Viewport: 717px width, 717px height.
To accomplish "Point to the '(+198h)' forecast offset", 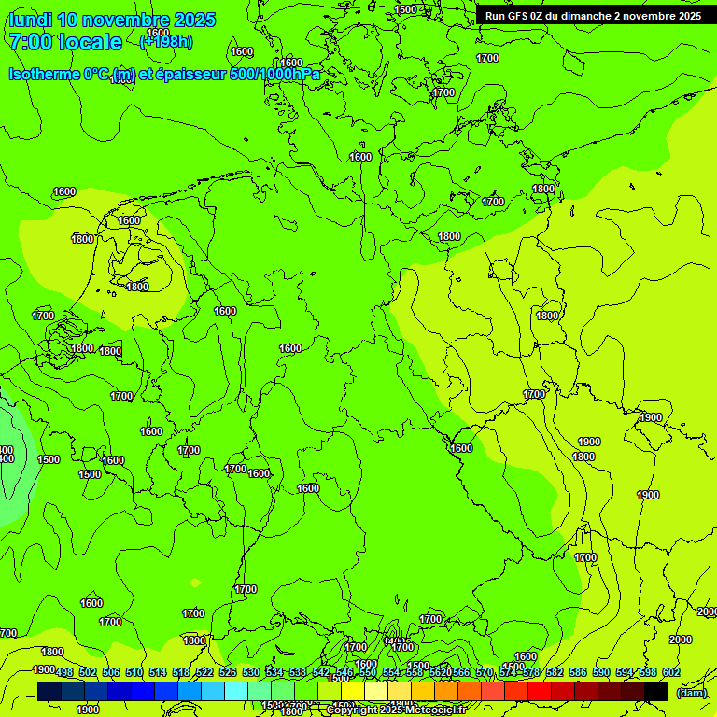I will tap(165, 41).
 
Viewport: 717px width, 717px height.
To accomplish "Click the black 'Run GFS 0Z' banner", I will tap(593, 16).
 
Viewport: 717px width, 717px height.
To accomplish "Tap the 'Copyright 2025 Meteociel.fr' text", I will tap(396, 710).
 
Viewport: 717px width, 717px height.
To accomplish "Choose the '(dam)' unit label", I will tap(691, 693).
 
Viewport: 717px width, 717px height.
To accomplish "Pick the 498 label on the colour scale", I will tap(64, 672).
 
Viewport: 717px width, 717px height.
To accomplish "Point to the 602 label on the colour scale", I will tap(671, 672).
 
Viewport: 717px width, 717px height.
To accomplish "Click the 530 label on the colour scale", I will tap(251, 672).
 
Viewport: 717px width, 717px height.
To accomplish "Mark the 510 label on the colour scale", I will tap(134, 672).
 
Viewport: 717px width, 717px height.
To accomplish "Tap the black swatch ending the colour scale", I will tap(656, 691).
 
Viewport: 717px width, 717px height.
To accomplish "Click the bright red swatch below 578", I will tap(540, 691).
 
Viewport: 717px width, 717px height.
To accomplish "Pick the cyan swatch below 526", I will tap(236, 691).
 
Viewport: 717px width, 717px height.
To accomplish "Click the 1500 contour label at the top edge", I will tap(405, 9).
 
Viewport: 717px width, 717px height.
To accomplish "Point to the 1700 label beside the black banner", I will tap(487, 58).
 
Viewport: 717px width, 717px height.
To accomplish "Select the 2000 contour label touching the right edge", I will tap(707, 612).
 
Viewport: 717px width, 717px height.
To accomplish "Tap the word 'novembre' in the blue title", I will tap(134, 20).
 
